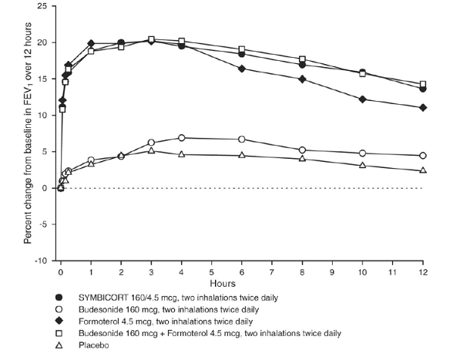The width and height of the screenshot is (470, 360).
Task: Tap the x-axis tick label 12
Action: tap(422, 273)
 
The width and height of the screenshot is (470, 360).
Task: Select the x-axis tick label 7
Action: tap(271, 273)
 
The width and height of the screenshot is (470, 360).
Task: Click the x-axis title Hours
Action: tap(241, 284)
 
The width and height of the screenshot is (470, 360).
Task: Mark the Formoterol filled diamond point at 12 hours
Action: tap(422, 107)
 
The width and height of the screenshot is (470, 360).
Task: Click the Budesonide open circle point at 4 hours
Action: tap(181, 138)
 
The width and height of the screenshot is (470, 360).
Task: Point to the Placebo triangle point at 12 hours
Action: tap(422, 170)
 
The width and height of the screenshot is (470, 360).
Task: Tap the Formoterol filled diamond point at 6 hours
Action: tap(241, 69)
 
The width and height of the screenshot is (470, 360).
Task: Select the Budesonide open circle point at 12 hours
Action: tap(422, 156)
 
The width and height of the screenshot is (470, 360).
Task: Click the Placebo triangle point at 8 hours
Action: tap(301, 158)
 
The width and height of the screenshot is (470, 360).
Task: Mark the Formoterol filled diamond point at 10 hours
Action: tap(362, 99)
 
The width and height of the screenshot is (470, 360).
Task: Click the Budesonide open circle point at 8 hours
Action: tap(301, 150)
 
